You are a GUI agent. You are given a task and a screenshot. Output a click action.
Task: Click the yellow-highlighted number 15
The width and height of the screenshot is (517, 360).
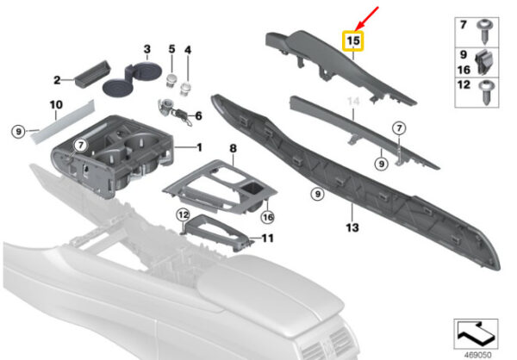[x=352, y=40]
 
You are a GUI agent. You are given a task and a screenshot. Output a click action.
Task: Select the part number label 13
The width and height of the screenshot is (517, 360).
[x=352, y=227]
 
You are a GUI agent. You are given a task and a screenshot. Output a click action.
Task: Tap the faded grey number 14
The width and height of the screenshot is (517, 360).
[x=353, y=102]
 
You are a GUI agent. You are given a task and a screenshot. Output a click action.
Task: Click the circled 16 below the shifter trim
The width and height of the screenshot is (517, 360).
[x=267, y=217]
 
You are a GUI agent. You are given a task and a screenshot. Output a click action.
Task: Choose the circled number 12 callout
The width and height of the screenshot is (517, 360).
[x=183, y=215]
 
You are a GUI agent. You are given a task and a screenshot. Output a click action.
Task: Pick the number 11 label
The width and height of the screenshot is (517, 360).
[x=267, y=238]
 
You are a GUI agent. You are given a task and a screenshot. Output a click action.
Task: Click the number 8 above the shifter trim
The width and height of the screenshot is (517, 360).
[x=234, y=148]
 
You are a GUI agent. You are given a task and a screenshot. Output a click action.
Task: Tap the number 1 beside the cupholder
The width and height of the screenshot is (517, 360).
[x=200, y=147]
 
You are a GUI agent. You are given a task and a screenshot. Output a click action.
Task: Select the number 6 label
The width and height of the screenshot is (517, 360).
[x=198, y=116]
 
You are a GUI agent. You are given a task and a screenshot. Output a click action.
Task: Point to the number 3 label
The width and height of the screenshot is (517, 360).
[x=147, y=49]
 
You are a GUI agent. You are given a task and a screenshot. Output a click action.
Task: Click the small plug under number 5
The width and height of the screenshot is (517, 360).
[x=171, y=81]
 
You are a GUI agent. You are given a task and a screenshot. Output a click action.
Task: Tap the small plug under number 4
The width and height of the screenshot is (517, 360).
[x=185, y=89]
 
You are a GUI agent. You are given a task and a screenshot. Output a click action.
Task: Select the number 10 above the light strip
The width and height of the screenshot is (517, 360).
[x=56, y=105]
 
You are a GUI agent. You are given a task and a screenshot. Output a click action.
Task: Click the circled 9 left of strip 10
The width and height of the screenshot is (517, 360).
[x=18, y=132]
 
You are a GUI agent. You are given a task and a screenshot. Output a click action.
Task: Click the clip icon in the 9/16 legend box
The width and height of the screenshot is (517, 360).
[x=483, y=62]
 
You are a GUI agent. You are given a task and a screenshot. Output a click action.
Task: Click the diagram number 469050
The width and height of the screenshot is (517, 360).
[x=477, y=355]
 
